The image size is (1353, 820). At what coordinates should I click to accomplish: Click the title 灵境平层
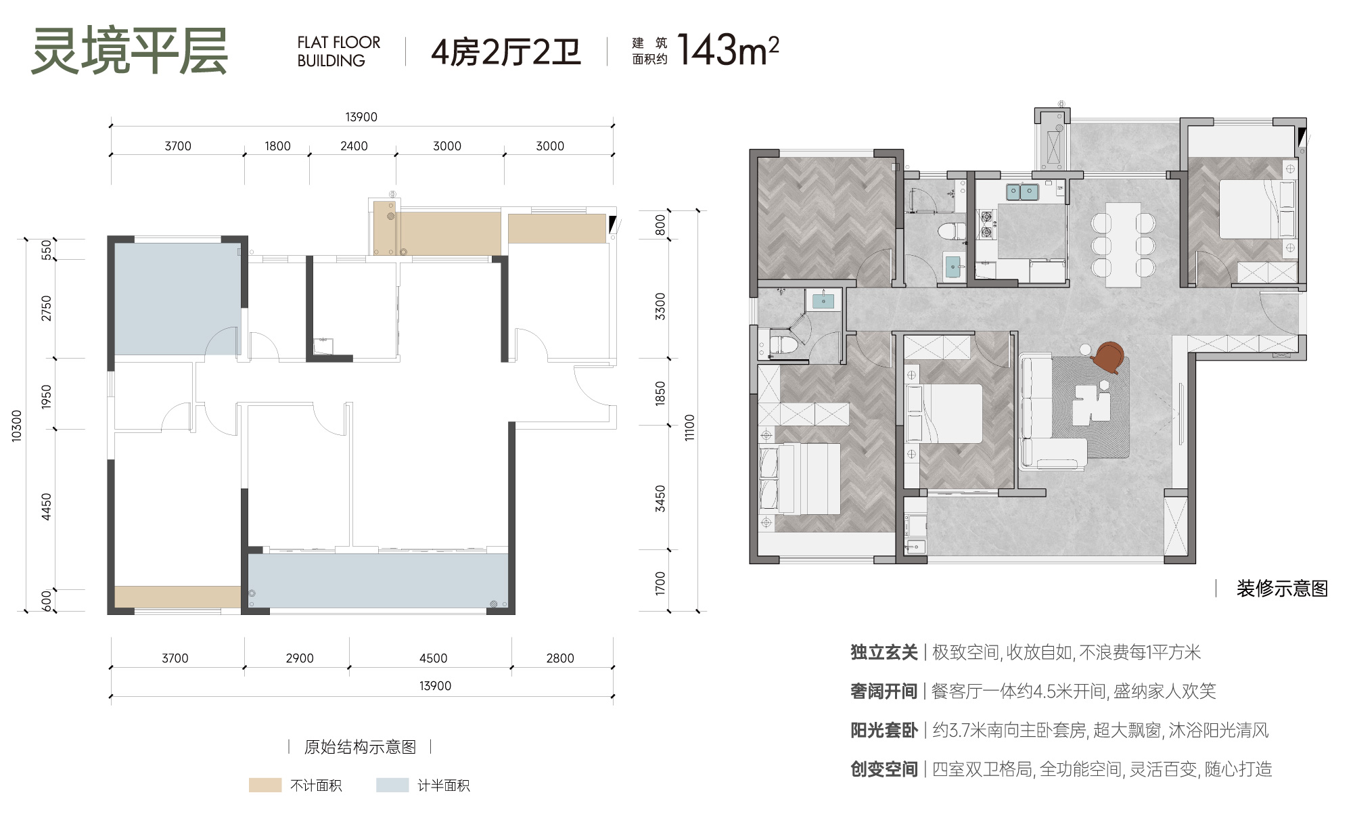coord(129,51)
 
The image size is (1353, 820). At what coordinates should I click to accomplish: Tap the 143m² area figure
coord(728,49)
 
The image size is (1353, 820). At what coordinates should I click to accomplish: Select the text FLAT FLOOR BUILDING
coord(339,51)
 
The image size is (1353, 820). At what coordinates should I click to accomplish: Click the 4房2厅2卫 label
coord(506,52)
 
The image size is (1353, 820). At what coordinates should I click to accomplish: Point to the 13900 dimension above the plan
coord(361,117)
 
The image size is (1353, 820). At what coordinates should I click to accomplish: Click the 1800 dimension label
coord(277,146)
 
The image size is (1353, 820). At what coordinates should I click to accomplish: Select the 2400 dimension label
coord(354,146)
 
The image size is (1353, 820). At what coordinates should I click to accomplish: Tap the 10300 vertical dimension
coord(17,426)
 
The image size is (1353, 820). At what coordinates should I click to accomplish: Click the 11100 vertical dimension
coord(689,428)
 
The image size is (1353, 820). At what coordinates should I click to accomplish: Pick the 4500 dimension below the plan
coord(433,658)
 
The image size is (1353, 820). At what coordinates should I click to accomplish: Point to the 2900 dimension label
coord(300,658)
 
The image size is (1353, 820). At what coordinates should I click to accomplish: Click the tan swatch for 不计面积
coord(265,785)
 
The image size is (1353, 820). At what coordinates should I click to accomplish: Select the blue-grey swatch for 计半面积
coord(392,785)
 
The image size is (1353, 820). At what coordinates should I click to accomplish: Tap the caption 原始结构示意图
coord(360,747)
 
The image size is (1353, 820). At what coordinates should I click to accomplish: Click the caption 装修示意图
coord(1282,589)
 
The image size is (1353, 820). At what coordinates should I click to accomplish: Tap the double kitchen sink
coord(1022,192)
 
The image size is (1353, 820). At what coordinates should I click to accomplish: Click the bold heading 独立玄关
coord(884,652)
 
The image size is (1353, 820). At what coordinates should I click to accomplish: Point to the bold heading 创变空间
coord(884,769)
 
